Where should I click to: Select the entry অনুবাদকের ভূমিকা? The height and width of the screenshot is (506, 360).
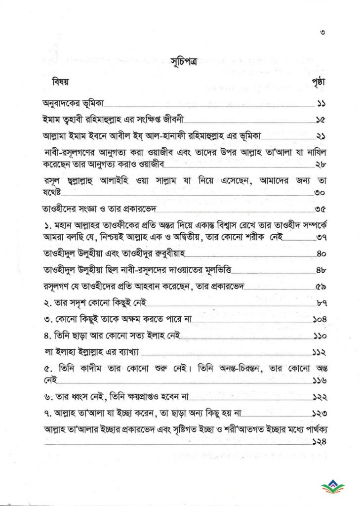70,105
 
